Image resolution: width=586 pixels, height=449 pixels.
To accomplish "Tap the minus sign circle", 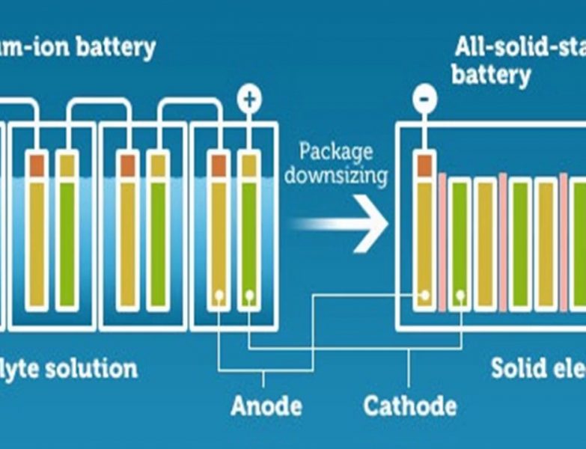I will (x=424, y=99).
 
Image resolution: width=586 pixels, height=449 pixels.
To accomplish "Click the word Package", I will (x=335, y=152).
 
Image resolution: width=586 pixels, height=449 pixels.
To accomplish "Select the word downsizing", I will (x=335, y=177).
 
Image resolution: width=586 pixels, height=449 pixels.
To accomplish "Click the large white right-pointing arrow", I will (x=344, y=223).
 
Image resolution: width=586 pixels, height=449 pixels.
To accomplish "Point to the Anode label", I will (x=266, y=406).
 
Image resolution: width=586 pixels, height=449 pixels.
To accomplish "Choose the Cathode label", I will (x=409, y=406).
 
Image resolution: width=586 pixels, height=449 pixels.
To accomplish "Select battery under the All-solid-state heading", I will (x=491, y=76).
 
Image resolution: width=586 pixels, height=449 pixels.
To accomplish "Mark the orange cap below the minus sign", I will (x=424, y=165).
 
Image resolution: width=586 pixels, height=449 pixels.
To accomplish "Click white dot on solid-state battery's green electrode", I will (x=460, y=296).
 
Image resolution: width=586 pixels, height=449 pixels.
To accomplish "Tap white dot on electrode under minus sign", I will (x=424, y=296).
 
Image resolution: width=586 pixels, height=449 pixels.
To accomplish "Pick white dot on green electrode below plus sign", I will (x=248, y=296).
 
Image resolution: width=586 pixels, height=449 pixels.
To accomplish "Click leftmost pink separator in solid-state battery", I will (x=442, y=243).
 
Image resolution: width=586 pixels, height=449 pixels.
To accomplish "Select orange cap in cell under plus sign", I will (x=219, y=165).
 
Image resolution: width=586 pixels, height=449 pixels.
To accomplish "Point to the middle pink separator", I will (x=502, y=243).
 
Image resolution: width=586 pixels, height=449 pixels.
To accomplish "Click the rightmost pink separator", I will (x=563, y=243).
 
